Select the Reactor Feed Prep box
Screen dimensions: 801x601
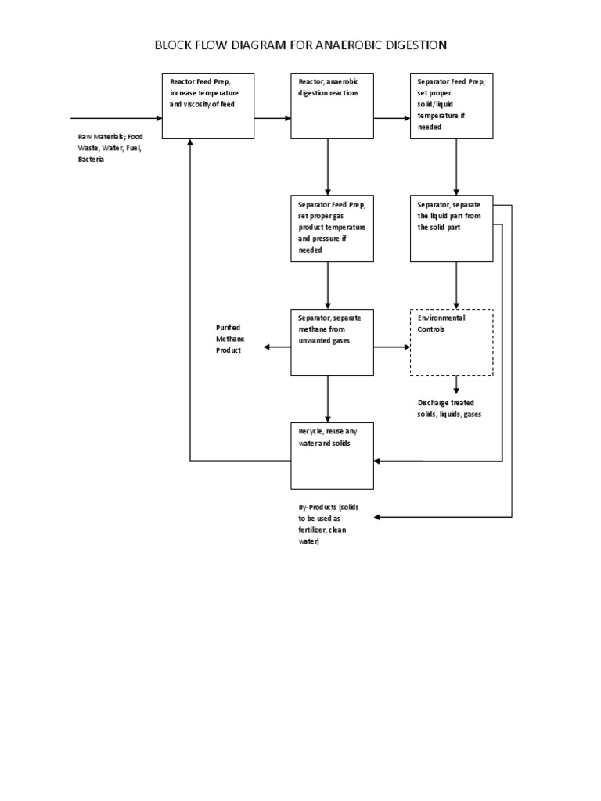tap(208, 106)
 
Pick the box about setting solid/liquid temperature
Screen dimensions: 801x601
tap(452, 106)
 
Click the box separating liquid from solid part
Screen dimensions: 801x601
tap(452, 228)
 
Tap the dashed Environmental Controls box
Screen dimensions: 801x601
tap(452, 342)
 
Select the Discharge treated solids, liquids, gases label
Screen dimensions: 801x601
tap(449, 408)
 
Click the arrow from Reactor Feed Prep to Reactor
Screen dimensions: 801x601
tap(272, 118)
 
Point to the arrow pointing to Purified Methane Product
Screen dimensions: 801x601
tap(277, 347)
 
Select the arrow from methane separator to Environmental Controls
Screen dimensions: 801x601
tap(391, 347)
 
